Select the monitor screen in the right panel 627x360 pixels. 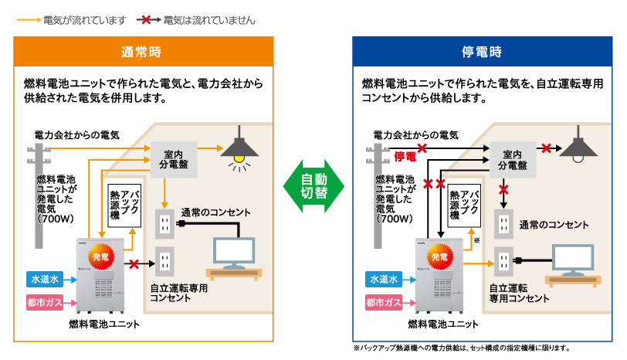pyautogui.click(x=572, y=257)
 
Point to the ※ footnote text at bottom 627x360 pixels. pyautogui.click(x=461, y=348)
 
